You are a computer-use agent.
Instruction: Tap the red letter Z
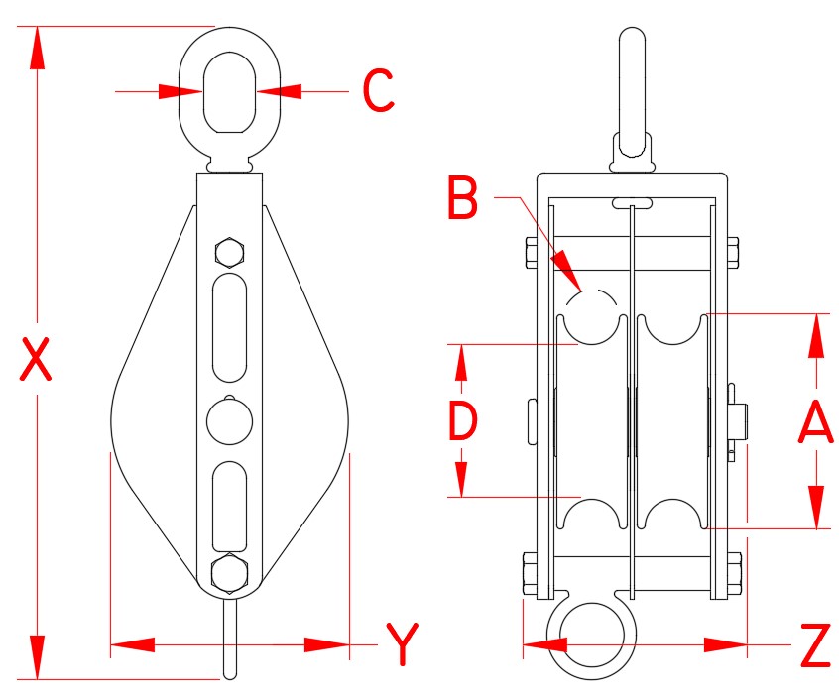pyautogui.click(x=814, y=645)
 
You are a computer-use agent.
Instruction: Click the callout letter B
pyautogui.click(x=462, y=198)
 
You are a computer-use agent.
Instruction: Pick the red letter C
pyautogui.click(x=378, y=91)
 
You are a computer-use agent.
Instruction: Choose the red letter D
pyautogui.click(x=462, y=420)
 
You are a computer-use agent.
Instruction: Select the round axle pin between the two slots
pyautogui.click(x=229, y=420)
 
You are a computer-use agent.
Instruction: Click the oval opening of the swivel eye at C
pyautogui.click(x=229, y=91)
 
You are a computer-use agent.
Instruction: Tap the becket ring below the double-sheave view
pyautogui.click(x=592, y=635)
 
